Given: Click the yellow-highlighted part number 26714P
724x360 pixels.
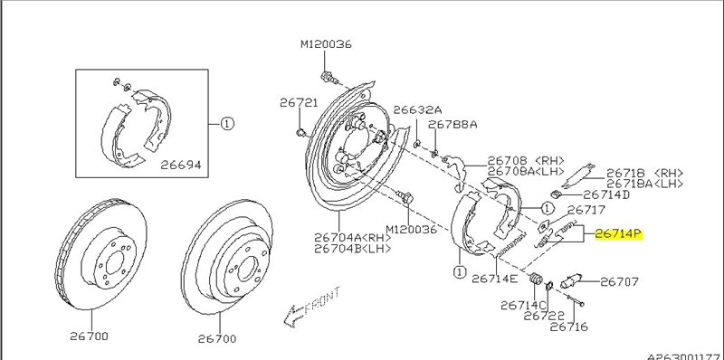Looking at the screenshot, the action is (x=618, y=234).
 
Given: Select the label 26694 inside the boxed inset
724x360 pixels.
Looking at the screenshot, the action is (x=181, y=165).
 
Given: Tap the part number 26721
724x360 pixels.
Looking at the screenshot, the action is (x=299, y=102).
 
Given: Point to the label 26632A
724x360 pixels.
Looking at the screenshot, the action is (x=417, y=109).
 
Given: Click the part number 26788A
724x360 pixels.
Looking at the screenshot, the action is (x=452, y=125).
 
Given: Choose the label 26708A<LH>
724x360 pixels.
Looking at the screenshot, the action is (x=526, y=171).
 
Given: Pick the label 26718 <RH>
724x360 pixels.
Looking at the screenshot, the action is (x=644, y=173).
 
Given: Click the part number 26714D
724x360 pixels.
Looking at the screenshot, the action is (x=606, y=194).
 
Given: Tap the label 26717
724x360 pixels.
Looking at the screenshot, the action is (x=586, y=210).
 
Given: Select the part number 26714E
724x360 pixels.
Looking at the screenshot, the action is (x=494, y=279).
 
